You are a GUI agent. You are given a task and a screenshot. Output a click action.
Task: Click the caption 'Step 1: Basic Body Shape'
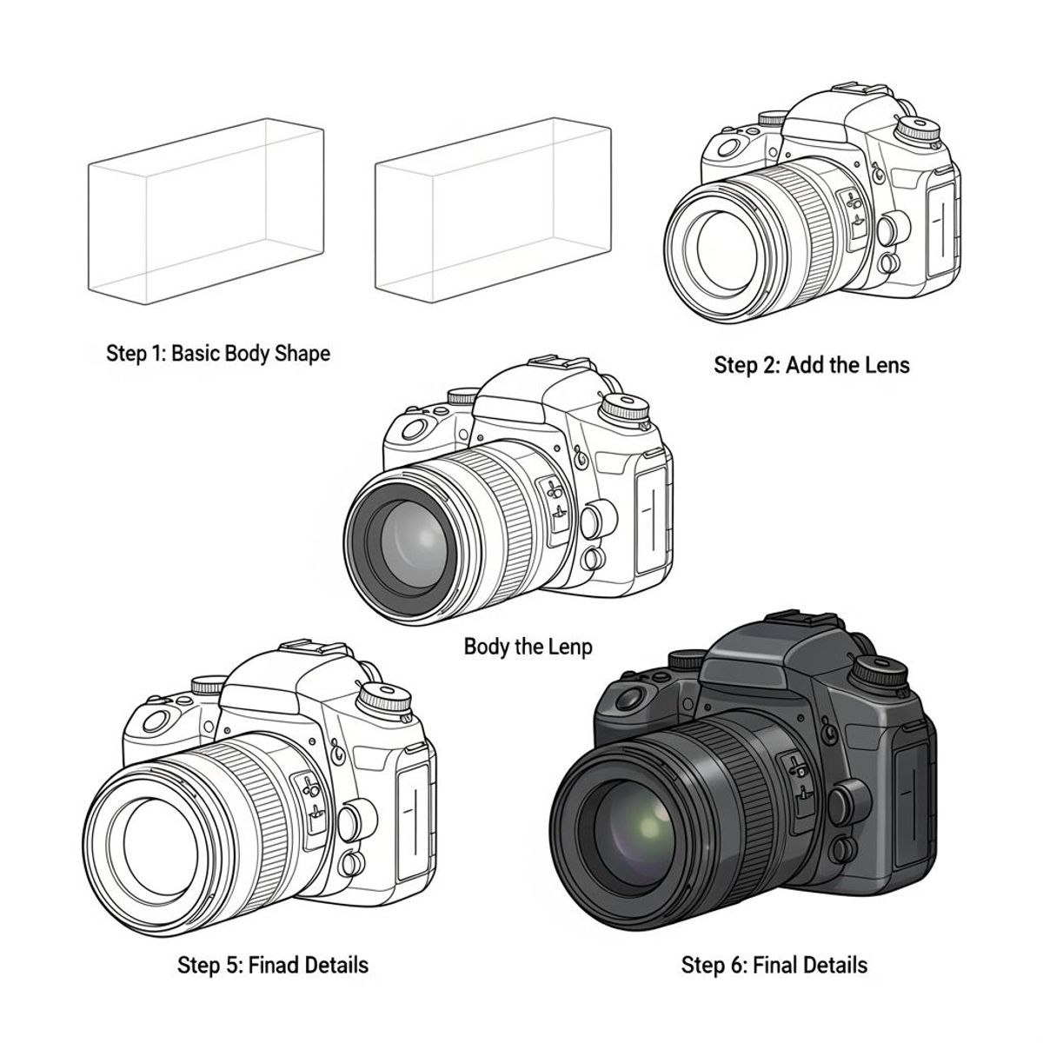tap(217, 354)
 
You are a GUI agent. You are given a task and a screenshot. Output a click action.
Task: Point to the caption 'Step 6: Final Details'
tap(774, 966)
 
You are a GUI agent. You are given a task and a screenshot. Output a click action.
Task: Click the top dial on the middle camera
tap(626, 409)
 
